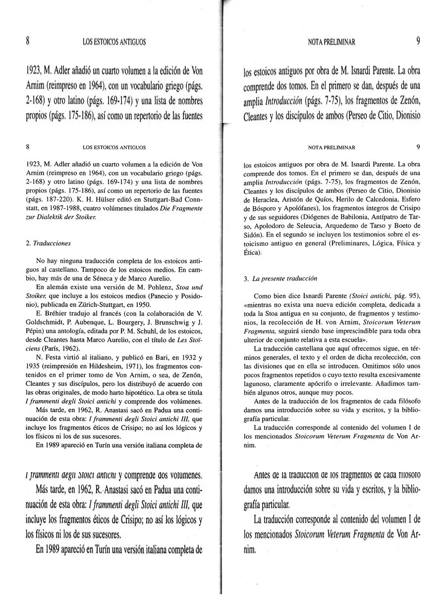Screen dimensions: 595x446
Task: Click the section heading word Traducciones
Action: point(52,243)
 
